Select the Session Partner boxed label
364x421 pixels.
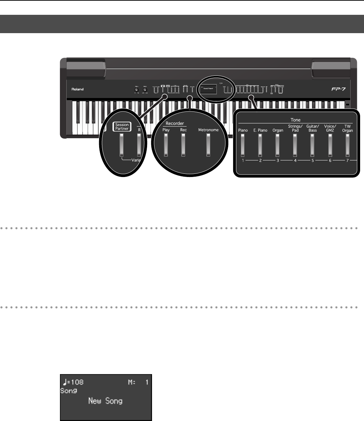[x=121, y=126]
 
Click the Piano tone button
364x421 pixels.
[x=243, y=145]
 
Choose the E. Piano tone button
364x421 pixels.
[x=260, y=145]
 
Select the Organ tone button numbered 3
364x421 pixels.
[x=277, y=145]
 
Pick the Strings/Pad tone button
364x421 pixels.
[x=295, y=145]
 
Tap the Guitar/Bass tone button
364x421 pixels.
[x=312, y=145]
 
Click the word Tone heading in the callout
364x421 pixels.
[x=295, y=120]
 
